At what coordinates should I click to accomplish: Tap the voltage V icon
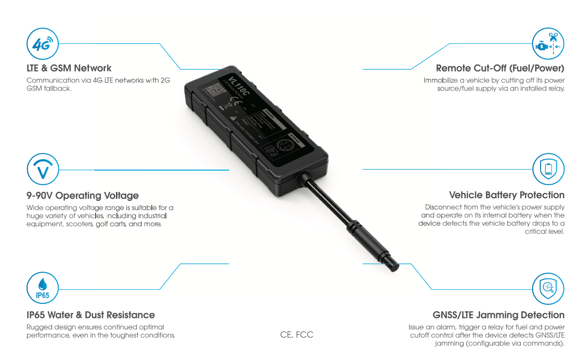pyautogui.click(x=42, y=170)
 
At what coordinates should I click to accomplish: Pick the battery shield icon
pyautogui.click(x=548, y=169)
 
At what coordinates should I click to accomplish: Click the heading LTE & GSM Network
pyautogui.click(x=69, y=68)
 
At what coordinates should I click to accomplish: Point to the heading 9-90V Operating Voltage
pyautogui.click(x=83, y=196)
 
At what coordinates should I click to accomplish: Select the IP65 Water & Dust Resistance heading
pyautogui.click(x=90, y=315)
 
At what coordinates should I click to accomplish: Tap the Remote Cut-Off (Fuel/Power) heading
pyautogui.click(x=500, y=68)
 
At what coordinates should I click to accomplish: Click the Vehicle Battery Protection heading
pyautogui.click(x=506, y=195)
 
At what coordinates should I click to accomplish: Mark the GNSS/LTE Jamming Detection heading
pyautogui.click(x=498, y=315)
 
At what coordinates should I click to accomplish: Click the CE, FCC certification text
pyautogui.click(x=297, y=335)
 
